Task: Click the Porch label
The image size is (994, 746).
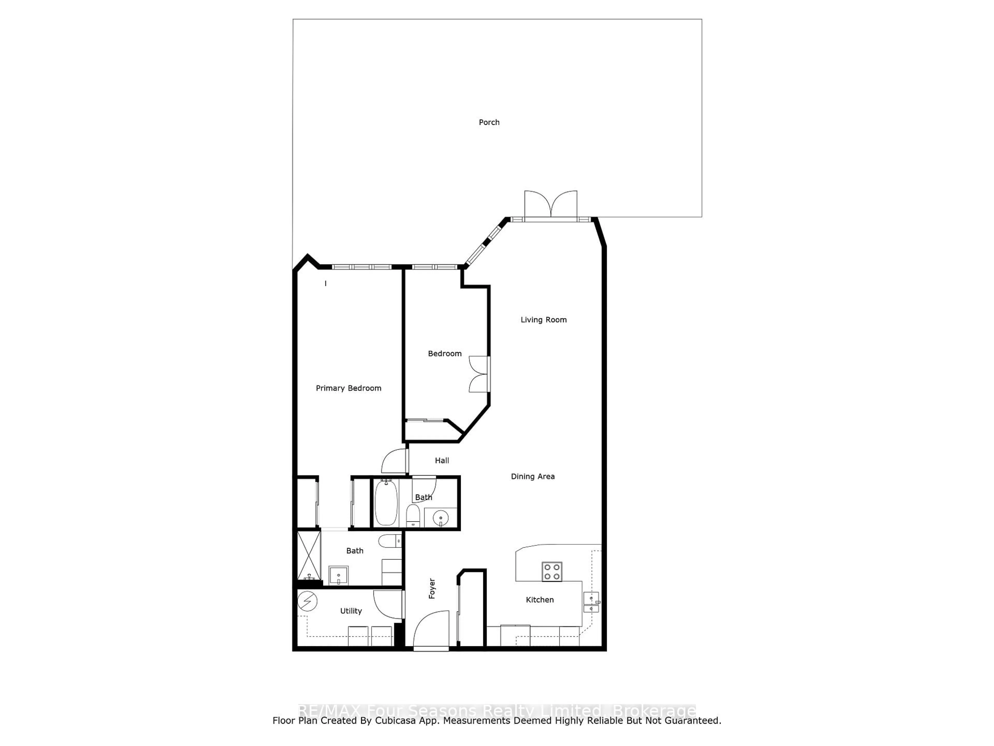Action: point(489,122)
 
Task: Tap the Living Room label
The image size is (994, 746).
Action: point(543,320)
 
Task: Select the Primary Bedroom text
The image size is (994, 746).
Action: point(348,388)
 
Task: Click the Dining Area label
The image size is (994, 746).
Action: point(532,476)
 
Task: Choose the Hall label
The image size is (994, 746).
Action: point(442,461)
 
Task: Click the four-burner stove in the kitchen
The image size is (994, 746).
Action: point(552,571)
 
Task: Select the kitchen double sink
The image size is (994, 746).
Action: point(591,602)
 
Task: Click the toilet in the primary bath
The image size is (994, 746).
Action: point(389,541)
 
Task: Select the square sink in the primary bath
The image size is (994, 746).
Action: point(338,575)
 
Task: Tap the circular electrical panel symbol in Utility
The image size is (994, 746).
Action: point(307,601)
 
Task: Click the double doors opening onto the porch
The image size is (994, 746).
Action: point(551,205)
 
